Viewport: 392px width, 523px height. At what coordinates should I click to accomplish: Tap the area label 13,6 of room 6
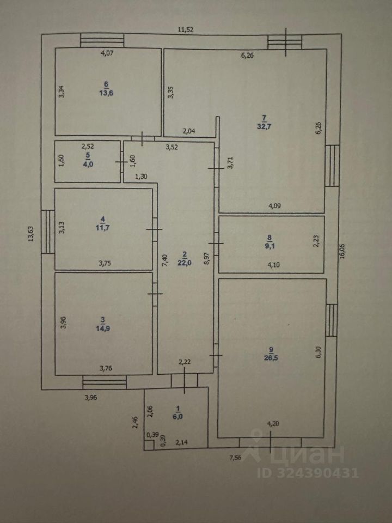click(106, 93)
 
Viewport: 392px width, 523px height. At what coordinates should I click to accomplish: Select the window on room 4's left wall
click(48, 232)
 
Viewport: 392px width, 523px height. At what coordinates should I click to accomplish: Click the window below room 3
click(105, 382)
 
